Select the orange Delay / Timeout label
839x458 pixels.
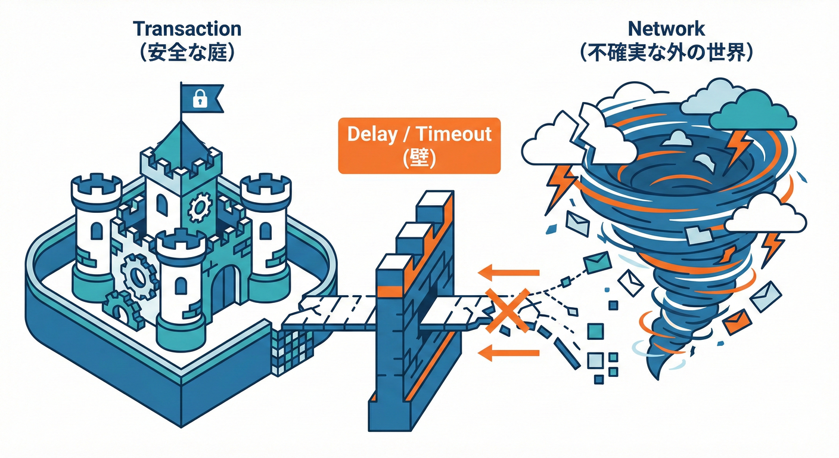point(419,146)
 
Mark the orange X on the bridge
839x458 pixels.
point(508,309)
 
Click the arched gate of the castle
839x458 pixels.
point(225,289)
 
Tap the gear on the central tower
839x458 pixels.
point(200,208)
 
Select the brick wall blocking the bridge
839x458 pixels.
point(411,310)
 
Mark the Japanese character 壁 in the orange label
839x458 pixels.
point(419,157)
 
